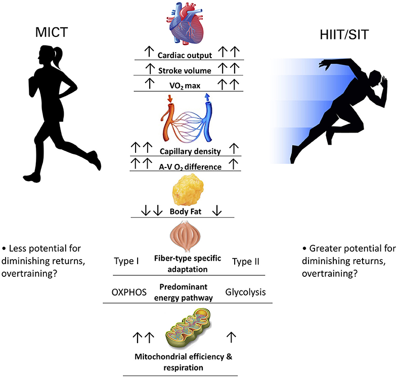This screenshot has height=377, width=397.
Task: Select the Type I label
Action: point(126,262)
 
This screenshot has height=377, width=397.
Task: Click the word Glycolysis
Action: point(246,292)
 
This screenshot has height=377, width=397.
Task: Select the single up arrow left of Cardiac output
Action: point(148,52)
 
